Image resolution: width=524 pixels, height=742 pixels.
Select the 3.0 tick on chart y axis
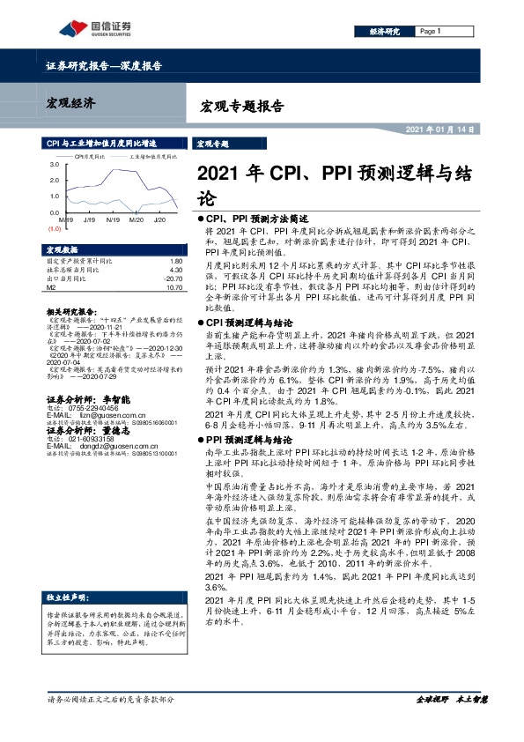pyautogui.click(x=55, y=165)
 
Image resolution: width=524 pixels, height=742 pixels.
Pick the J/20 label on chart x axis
pyautogui.click(x=159, y=219)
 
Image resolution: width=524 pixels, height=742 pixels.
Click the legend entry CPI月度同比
pyautogui.click(x=89, y=154)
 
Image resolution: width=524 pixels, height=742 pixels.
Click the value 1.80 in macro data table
pyautogui.click(x=174, y=262)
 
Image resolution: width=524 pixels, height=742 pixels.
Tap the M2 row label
pyautogui.click(x=51, y=286)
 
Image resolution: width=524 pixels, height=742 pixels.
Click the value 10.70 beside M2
pyautogui.click(x=173, y=286)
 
